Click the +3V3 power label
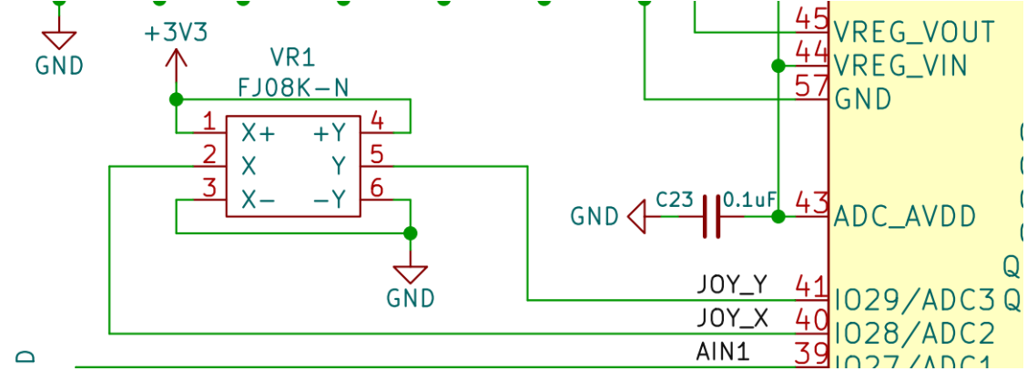click(x=176, y=34)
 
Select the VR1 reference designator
click(x=292, y=59)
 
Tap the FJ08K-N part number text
click(x=292, y=88)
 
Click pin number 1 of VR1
click(x=209, y=121)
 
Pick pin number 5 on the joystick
click(x=377, y=155)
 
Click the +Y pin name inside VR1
click(x=330, y=133)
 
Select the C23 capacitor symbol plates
click(x=712, y=216)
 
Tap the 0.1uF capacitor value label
click(x=750, y=200)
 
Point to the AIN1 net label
click(x=723, y=351)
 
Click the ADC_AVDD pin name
click(x=905, y=217)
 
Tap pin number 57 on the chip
click(x=811, y=86)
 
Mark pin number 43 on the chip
click(x=811, y=203)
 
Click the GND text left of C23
click(x=595, y=217)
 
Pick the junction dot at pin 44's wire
click(x=778, y=66)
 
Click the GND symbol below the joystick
click(x=410, y=274)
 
